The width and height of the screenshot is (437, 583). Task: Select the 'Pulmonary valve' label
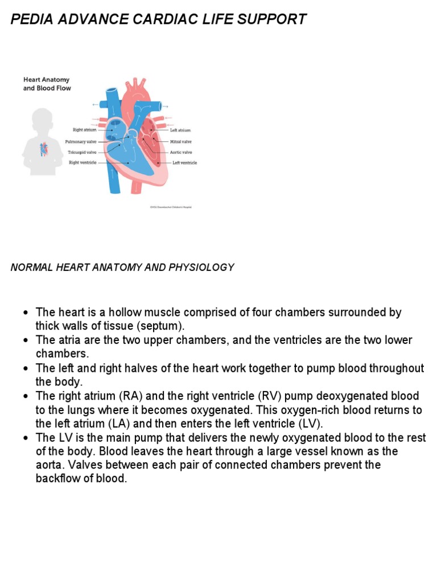click(81, 141)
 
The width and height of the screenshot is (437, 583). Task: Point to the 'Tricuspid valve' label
click(82, 152)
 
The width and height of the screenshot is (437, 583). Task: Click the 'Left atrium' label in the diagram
click(180, 130)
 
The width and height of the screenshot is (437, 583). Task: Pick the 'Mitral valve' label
click(181, 141)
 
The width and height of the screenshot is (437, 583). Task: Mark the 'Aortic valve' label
click(181, 152)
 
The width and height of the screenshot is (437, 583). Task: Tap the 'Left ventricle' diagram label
click(184, 163)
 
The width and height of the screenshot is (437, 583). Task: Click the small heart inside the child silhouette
click(44, 149)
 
